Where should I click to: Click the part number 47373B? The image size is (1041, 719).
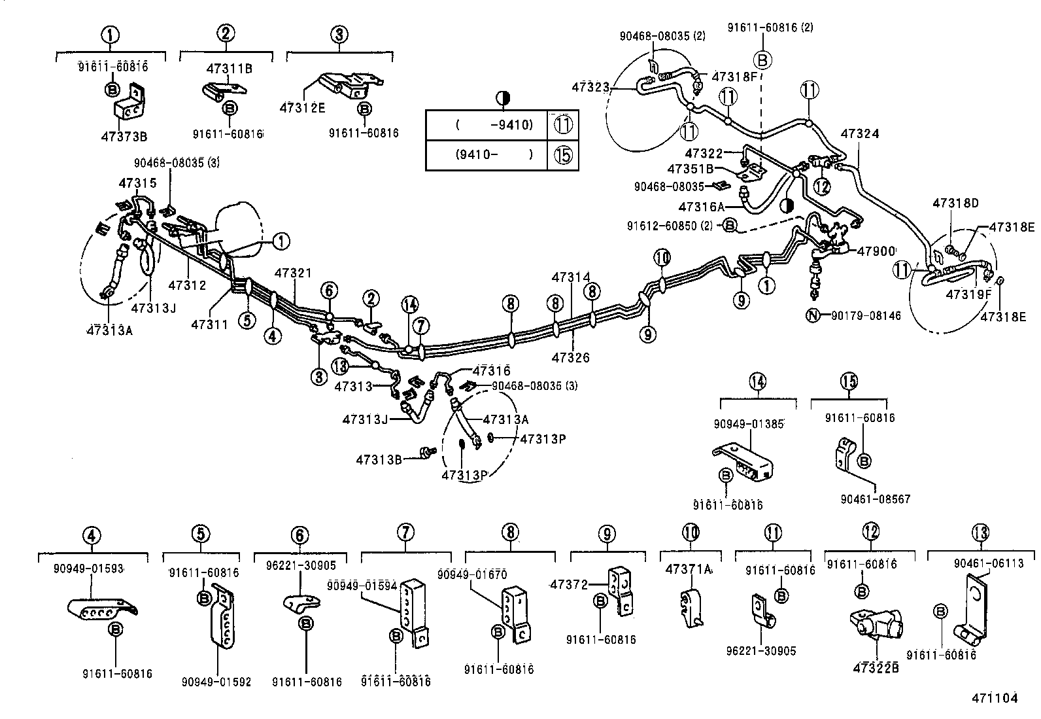pyautogui.click(x=124, y=137)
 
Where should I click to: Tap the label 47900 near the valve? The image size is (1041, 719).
pyautogui.click(x=876, y=251)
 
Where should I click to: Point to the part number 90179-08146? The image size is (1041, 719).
pyautogui.click(x=866, y=316)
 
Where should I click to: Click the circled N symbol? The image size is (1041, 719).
pyautogui.click(x=812, y=316)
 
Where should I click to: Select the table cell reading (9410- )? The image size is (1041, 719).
pyautogui.click(x=494, y=155)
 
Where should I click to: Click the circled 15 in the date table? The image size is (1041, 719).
pyautogui.click(x=562, y=155)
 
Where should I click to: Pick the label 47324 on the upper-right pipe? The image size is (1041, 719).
pyautogui.click(x=859, y=134)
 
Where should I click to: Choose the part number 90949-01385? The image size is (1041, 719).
pyautogui.click(x=749, y=423)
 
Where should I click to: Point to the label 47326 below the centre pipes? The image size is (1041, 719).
pyautogui.click(x=570, y=358)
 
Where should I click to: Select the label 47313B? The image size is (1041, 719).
pyautogui.click(x=379, y=459)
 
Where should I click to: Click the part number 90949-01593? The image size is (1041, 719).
pyautogui.click(x=88, y=569)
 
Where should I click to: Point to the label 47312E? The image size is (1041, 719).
pyautogui.click(x=302, y=108)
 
